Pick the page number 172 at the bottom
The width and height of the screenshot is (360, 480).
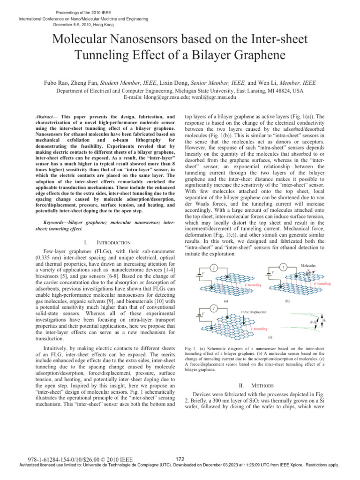(178, 458)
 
